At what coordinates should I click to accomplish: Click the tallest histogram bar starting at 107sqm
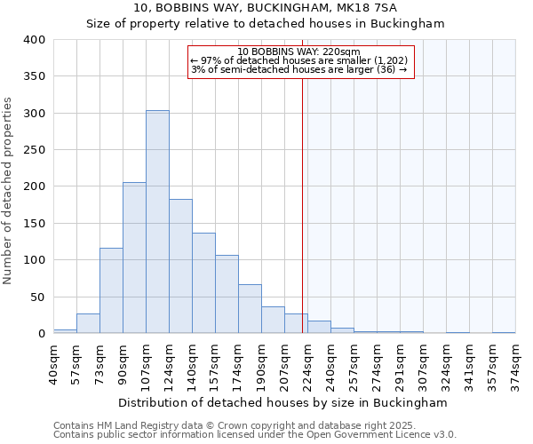pyautogui.click(x=157, y=222)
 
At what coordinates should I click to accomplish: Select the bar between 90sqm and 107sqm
pyautogui.click(x=134, y=258)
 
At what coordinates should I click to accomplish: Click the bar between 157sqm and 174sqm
pyautogui.click(x=227, y=294)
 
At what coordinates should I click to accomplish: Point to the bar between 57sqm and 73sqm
pyautogui.click(x=88, y=324)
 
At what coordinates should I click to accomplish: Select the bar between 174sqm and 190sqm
pyautogui.click(x=250, y=309)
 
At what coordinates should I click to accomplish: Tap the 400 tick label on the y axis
pyautogui.click(x=34, y=40)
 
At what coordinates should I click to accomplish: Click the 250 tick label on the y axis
pyautogui.click(x=34, y=150)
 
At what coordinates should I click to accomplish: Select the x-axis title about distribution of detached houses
pyautogui.click(x=282, y=402)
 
